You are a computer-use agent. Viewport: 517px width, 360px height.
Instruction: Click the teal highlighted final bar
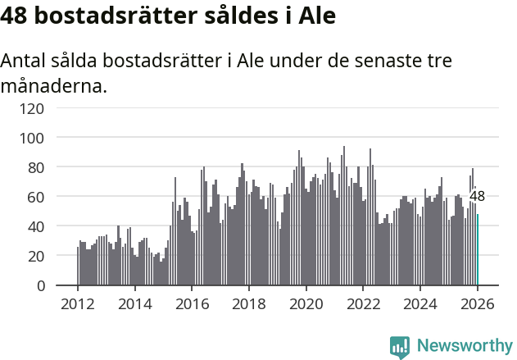478,250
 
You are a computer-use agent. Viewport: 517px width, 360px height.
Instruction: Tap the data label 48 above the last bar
477,196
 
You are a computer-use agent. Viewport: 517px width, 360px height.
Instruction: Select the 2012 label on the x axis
78,303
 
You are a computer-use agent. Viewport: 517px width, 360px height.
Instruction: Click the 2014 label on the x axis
135,303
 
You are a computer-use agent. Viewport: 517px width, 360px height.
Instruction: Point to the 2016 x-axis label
192,303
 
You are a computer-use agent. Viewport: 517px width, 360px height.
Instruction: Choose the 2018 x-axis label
249,303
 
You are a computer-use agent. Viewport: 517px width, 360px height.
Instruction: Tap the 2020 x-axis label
306,303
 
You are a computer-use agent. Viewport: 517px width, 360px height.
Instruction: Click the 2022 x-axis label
363,303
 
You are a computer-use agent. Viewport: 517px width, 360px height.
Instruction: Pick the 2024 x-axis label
420,303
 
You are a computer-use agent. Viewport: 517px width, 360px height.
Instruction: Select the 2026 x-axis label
477,303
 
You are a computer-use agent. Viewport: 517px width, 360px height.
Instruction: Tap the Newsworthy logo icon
400,347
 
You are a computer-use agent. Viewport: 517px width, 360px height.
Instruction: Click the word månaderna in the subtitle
54,84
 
